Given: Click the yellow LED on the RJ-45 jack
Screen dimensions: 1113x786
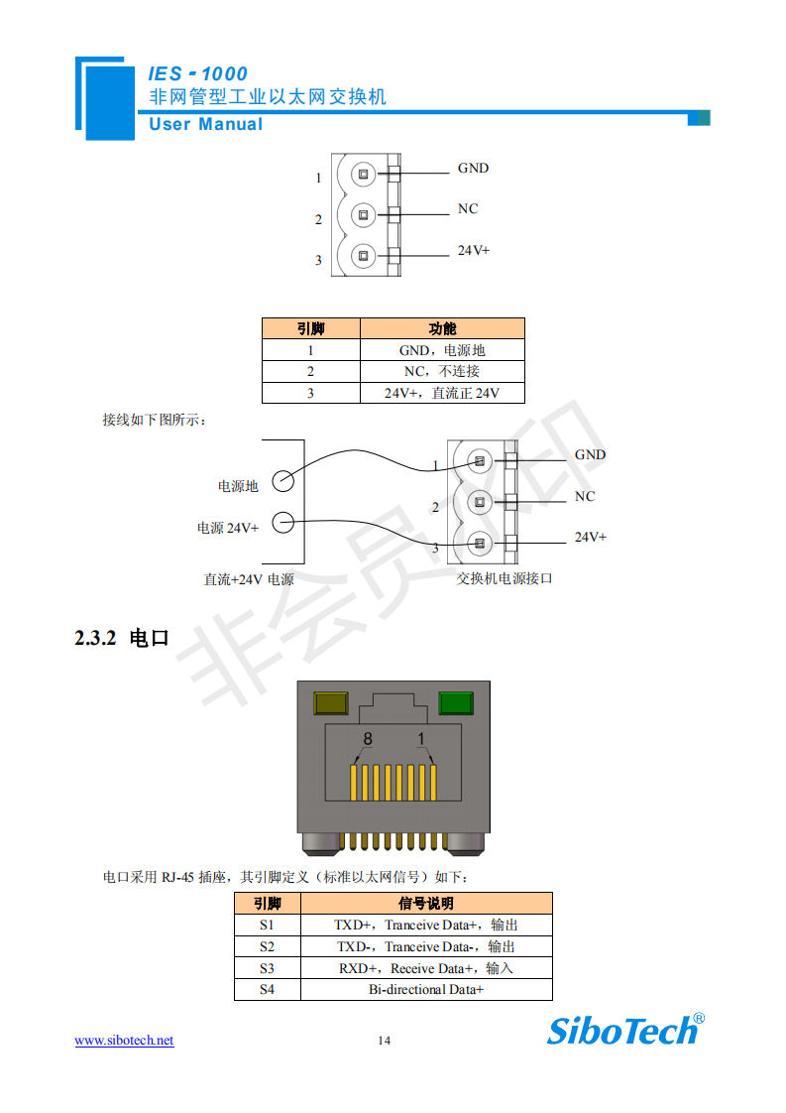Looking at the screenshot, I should click(x=329, y=703).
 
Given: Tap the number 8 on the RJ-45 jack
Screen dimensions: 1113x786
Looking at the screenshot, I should click(x=367, y=739).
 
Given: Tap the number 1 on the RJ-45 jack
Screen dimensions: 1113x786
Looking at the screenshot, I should click(x=421, y=739).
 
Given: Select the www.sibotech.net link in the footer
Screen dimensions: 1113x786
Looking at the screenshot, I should click(x=125, y=1040).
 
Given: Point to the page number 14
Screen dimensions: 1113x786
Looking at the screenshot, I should click(x=384, y=1040).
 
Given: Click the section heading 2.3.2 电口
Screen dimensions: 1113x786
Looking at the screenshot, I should click(x=122, y=638).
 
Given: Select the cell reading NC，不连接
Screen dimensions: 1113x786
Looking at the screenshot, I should click(x=441, y=371).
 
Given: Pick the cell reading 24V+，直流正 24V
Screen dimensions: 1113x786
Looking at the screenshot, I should click(x=441, y=393).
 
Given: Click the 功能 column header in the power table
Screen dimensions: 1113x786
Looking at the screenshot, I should click(x=442, y=328).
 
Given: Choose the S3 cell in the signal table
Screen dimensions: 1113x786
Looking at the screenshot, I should click(x=267, y=968).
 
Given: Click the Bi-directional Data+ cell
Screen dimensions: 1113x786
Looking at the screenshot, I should click(x=426, y=989).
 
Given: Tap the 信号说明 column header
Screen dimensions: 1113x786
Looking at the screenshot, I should click(x=426, y=903).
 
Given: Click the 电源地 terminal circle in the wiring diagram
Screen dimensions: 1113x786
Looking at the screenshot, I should click(x=282, y=480).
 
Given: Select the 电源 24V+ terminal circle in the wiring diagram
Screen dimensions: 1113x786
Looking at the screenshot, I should click(x=282, y=522).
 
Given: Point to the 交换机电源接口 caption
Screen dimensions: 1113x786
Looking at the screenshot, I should click(x=504, y=578).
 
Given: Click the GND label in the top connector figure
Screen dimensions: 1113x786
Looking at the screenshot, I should click(x=473, y=168).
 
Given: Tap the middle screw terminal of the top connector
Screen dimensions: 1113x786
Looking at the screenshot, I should click(x=364, y=214).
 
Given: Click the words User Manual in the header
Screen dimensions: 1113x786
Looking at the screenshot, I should click(x=206, y=124).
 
